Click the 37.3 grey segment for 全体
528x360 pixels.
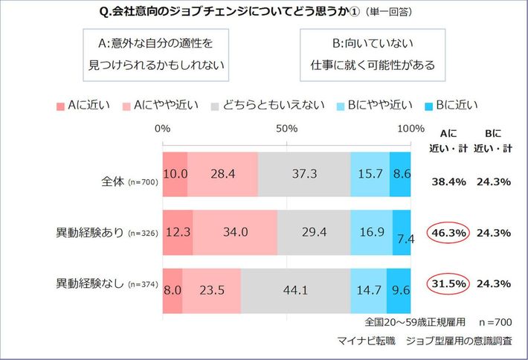(303, 175)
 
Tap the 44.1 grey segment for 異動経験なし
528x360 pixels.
(295, 289)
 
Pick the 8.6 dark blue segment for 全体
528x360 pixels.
(401, 175)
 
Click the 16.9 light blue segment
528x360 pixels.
(371, 232)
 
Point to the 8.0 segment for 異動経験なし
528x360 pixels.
(172, 289)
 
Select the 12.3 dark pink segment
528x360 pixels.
(178, 232)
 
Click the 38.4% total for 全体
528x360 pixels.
(449, 181)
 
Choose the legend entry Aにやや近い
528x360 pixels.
(165, 105)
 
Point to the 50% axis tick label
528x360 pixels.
(287, 129)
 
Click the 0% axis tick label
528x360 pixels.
(163, 129)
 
